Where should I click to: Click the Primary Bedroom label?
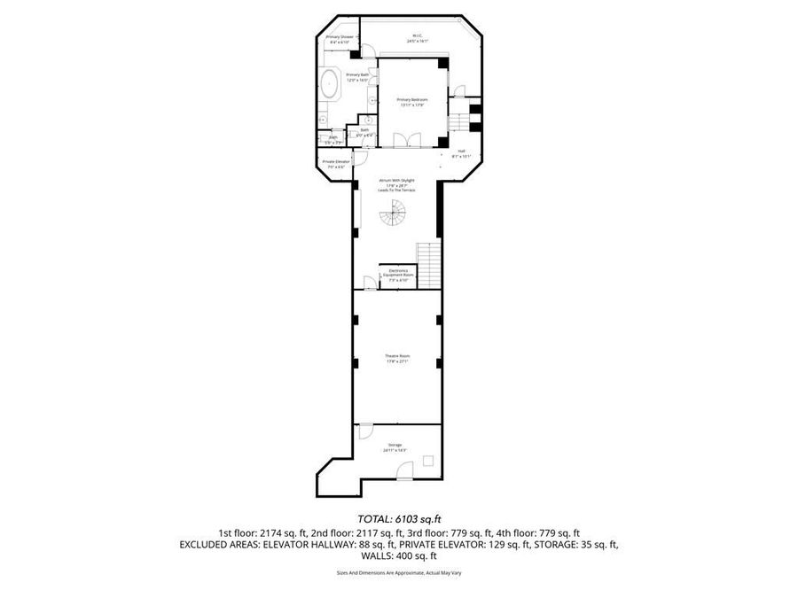point(411,102)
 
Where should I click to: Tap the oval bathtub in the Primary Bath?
point(331,85)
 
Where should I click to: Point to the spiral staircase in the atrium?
point(393,212)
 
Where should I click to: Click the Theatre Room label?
point(397,358)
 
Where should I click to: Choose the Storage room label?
point(395,447)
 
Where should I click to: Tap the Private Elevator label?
point(334,163)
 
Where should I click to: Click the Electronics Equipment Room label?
point(398,275)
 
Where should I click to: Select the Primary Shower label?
point(340,39)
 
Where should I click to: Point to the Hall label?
point(461,153)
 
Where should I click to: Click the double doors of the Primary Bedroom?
point(403,139)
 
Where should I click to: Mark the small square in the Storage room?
point(428,461)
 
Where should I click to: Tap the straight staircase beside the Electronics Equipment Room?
point(428,264)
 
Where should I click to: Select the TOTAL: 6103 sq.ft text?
point(398,518)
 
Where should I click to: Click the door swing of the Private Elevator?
point(361,160)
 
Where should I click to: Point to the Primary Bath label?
point(356,77)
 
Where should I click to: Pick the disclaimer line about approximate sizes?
point(398,573)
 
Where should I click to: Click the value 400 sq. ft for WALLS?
point(420,556)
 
